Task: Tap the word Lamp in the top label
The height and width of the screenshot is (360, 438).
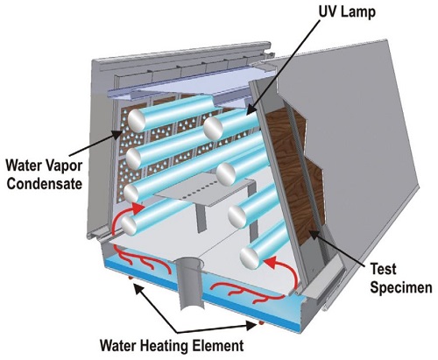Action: pos(358,13)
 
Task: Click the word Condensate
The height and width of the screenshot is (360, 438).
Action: pos(45,184)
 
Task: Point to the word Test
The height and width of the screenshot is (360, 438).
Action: pos(384,269)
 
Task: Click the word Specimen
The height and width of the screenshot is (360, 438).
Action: pos(401,287)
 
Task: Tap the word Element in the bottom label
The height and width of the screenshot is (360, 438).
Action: pos(218,345)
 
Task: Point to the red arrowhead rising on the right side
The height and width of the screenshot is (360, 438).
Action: pos(269,261)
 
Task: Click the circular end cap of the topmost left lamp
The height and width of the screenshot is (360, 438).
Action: pos(137,121)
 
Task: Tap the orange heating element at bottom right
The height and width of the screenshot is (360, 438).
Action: pos(259,323)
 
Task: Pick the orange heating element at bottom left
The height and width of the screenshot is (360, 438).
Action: pos(131,279)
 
